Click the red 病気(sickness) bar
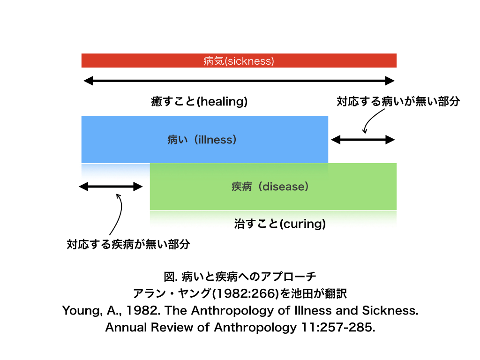pos(239,60)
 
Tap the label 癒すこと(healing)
pos(199,101)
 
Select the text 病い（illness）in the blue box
pos(202,140)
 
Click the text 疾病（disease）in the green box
pos(270,187)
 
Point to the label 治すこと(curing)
pos(280,224)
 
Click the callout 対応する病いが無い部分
pos(398,101)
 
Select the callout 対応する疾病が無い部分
pos(128,244)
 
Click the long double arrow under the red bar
pos(239,81)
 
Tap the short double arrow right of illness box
pos(363,140)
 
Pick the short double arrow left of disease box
pos(111,187)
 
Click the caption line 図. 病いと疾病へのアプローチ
pos(240,277)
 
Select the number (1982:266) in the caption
pos(246,293)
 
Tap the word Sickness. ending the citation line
pos(390,310)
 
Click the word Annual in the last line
pos(126,327)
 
